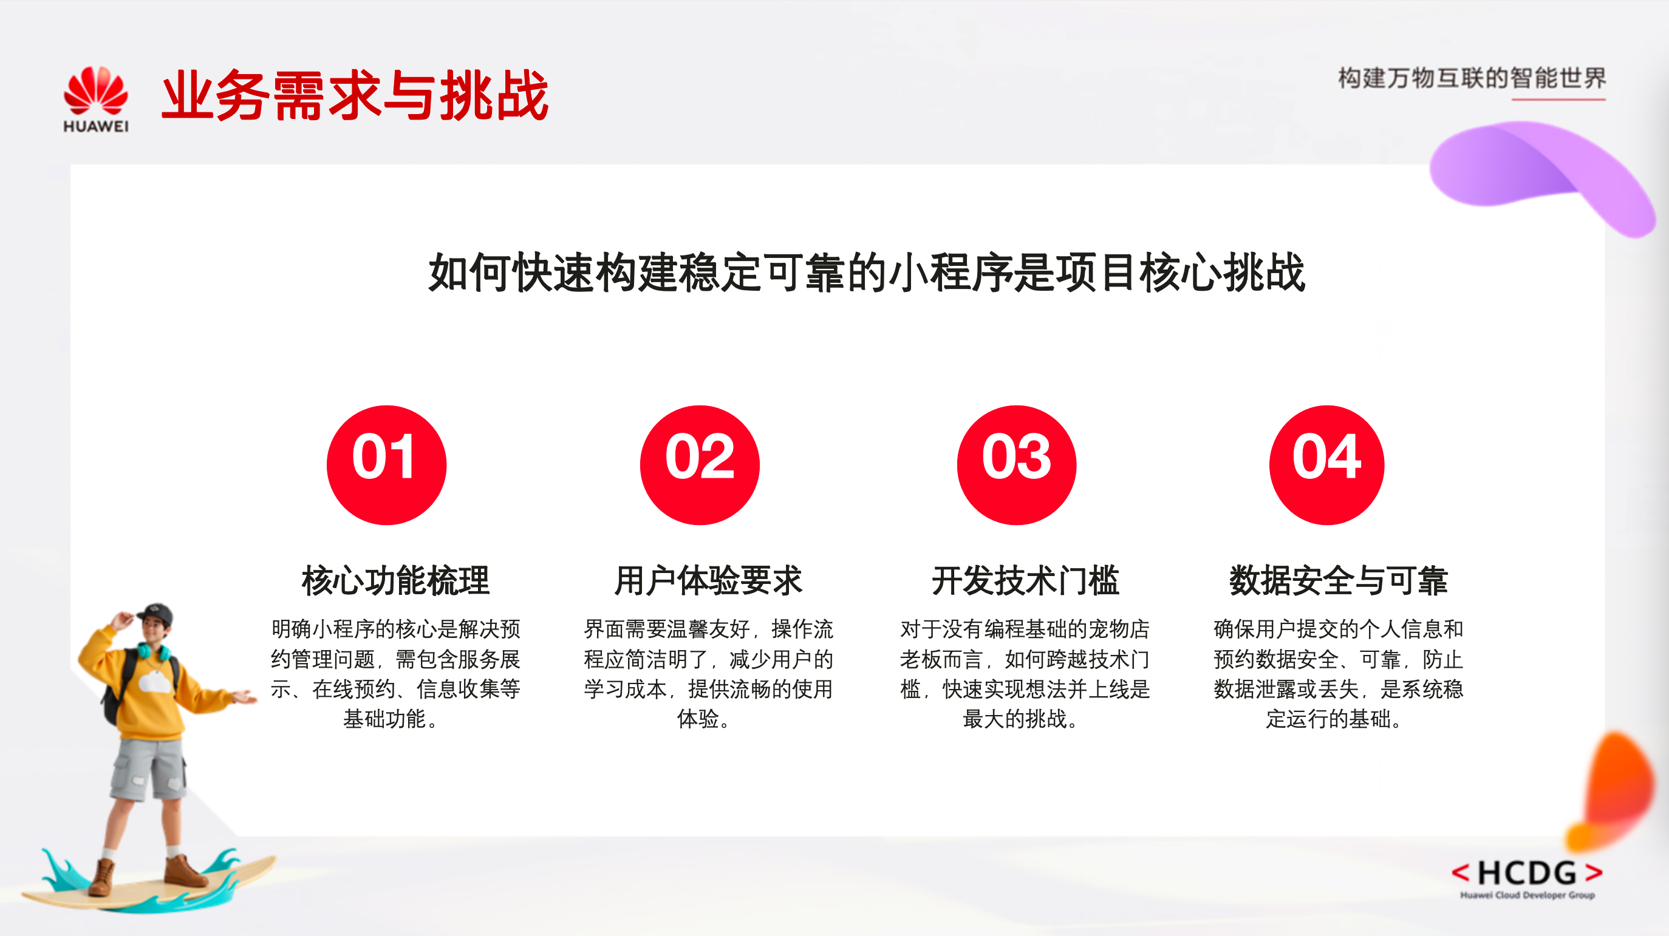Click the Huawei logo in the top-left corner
coord(96,99)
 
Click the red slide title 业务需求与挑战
coord(355,96)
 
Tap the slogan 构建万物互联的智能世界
coord(1472,78)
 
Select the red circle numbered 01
coord(386,464)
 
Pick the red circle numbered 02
coord(700,464)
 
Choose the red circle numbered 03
coord(1017,464)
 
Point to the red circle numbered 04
coord(1327,464)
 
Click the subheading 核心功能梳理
coord(396,580)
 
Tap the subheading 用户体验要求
coord(708,580)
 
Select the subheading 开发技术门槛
coord(1026,580)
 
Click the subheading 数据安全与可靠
coord(1339,580)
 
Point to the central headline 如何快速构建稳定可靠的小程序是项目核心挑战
coord(867,272)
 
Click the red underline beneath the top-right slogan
coord(1558,99)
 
